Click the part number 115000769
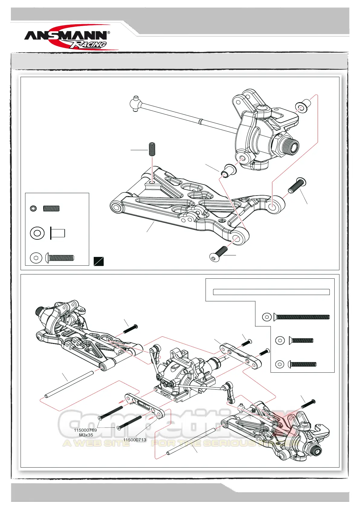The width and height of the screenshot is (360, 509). click(85, 430)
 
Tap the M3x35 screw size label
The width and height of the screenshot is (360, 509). click(86, 435)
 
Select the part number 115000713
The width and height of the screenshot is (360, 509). click(135, 440)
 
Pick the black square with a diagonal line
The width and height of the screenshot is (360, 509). click(99, 261)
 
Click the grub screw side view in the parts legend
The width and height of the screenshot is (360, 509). click(51, 208)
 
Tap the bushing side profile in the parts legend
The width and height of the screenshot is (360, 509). click(57, 233)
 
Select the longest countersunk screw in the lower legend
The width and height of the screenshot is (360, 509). click(301, 317)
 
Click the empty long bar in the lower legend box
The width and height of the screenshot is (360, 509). click(271, 292)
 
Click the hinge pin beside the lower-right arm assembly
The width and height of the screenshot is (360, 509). click(191, 441)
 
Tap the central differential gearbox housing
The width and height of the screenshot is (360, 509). click(181, 375)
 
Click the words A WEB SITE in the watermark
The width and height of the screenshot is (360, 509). click(96, 443)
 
